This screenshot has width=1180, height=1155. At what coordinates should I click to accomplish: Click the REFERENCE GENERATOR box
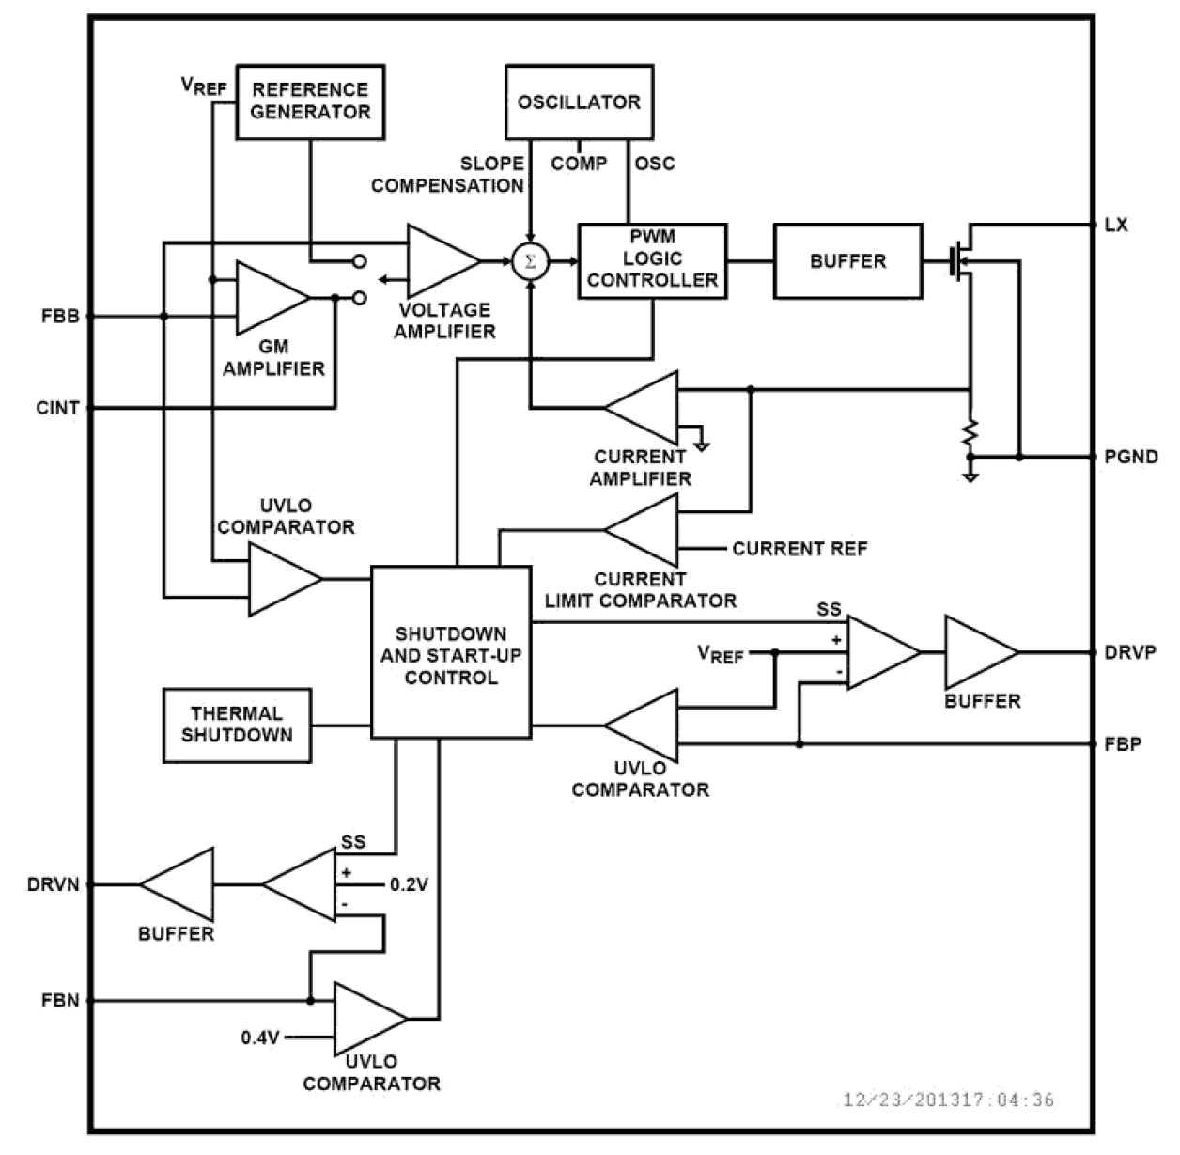point(309,101)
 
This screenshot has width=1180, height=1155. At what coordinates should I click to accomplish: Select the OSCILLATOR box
point(579,101)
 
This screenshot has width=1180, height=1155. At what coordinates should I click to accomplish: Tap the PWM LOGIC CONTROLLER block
point(652,260)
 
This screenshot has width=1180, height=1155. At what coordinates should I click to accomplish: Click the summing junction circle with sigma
point(530,261)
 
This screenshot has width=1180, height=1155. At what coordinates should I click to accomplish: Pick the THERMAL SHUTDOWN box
point(237,725)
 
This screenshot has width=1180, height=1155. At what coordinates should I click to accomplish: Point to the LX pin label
point(1116,226)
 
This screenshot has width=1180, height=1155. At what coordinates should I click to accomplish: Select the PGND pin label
point(1130,457)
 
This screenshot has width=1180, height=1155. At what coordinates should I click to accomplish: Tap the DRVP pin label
point(1129,652)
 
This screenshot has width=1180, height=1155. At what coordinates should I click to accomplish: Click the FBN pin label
point(60,1001)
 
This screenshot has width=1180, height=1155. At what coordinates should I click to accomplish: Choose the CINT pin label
point(58,408)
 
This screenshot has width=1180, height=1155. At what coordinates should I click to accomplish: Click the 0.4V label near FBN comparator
point(260,1038)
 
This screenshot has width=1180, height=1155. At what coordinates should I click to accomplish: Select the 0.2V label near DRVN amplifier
point(409,884)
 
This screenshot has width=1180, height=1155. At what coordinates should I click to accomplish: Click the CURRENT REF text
point(800,548)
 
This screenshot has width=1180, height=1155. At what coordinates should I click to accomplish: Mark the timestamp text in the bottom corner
point(948,1100)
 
